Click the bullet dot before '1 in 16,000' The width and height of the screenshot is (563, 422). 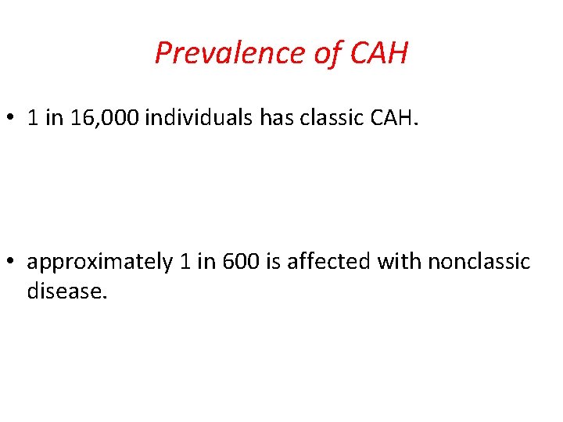point(11,118)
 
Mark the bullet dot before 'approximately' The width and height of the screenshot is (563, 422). point(11,262)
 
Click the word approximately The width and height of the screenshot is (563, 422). point(99,262)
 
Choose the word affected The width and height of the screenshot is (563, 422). point(329,262)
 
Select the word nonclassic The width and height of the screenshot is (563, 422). point(479,262)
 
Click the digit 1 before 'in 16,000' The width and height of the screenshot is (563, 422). point(33,118)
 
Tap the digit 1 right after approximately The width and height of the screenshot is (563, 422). point(185,262)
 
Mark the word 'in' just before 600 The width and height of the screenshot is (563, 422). point(206,262)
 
